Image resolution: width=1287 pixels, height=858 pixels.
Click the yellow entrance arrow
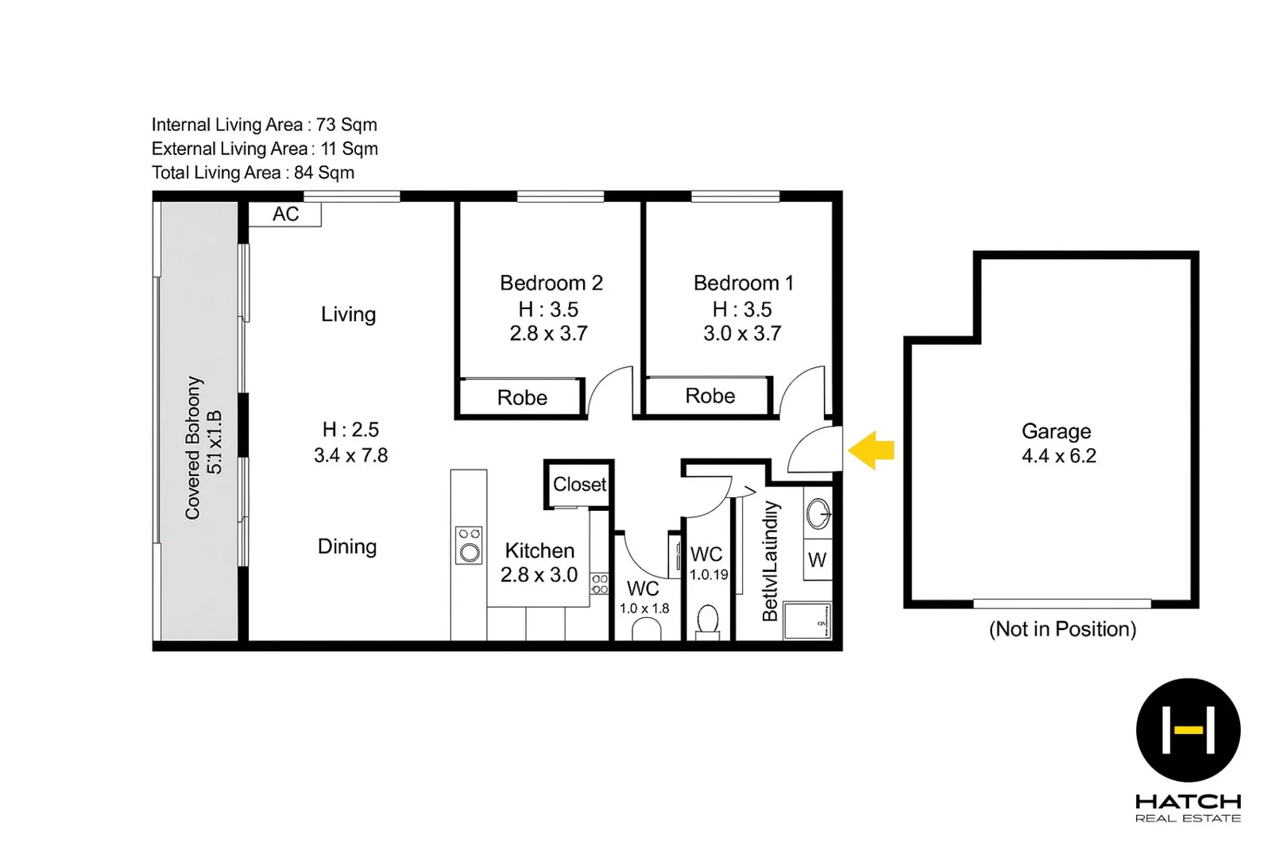click(872, 450)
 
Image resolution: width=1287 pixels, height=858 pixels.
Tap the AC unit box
click(285, 214)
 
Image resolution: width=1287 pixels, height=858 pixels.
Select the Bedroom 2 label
click(551, 283)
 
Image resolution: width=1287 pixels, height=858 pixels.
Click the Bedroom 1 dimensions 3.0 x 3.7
click(742, 334)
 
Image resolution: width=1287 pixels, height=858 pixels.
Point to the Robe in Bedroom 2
click(522, 397)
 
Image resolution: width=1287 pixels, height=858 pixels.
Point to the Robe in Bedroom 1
click(709, 396)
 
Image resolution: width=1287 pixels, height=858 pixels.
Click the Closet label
click(579, 485)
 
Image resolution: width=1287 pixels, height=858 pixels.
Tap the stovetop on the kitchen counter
click(469, 545)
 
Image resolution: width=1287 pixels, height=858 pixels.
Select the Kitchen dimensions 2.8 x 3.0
click(539, 575)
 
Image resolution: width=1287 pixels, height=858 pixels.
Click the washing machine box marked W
click(817, 560)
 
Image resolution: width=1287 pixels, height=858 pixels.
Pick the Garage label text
click(1056, 431)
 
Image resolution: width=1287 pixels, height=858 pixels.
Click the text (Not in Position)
click(1062, 629)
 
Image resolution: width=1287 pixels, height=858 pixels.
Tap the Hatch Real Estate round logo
click(1188, 729)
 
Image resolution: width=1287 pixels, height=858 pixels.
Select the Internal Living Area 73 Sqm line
click(264, 125)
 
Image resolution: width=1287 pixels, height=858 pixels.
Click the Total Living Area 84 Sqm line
click(253, 172)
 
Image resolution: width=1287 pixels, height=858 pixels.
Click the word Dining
click(347, 547)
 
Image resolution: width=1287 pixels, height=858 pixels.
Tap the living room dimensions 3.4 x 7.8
click(350, 456)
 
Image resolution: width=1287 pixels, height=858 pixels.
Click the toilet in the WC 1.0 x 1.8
click(647, 630)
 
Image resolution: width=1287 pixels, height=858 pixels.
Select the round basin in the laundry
click(817, 514)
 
